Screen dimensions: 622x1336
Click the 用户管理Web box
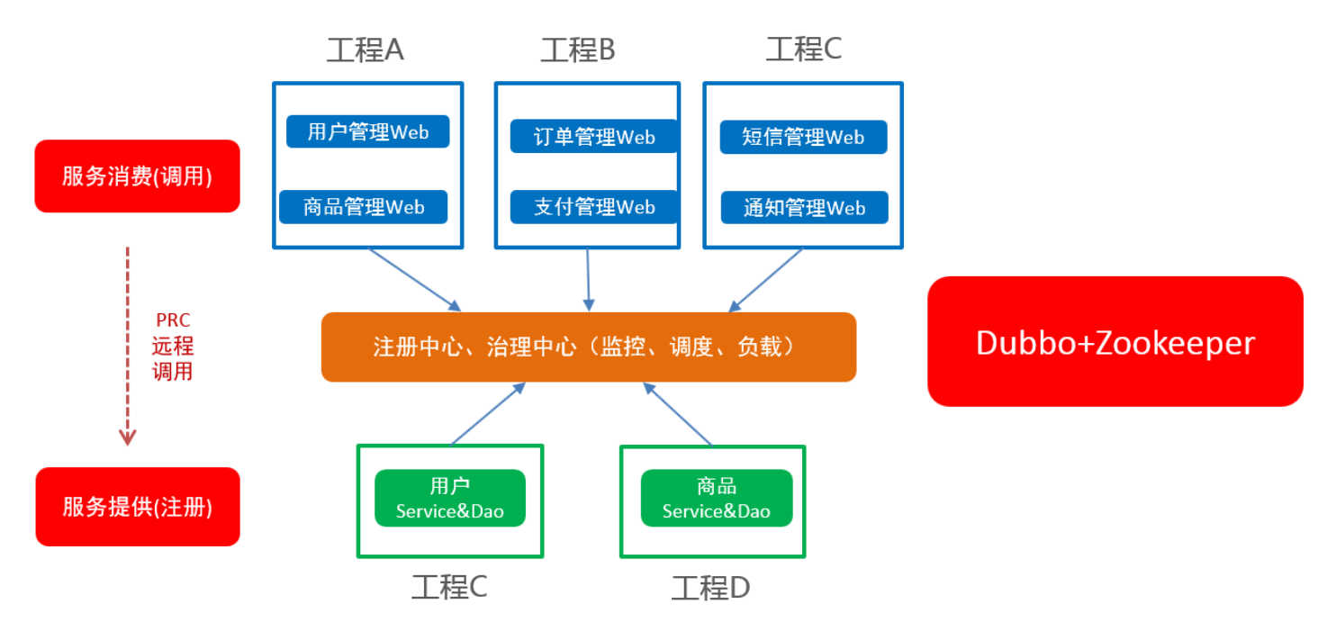point(367,132)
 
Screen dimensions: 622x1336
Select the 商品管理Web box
point(364,207)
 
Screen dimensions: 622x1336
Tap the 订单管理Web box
point(593,137)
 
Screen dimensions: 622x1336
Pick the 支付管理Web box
point(593,207)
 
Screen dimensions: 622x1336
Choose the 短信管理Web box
point(803,137)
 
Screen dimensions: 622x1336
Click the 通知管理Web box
point(804,208)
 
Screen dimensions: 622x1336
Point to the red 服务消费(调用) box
point(137,176)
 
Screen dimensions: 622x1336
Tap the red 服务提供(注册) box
point(137,507)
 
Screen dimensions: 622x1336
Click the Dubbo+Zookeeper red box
point(1115,342)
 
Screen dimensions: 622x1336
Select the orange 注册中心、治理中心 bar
point(588,347)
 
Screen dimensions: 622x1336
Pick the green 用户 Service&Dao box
point(449,499)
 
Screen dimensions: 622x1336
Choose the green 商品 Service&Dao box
point(716,499)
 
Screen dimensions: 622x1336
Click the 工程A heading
point(365,50)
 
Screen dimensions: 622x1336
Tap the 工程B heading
point(577,50)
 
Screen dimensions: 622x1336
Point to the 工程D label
point(710,589)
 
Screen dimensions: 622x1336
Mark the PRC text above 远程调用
point(173,320)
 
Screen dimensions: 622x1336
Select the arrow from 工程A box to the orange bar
point(414,279)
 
